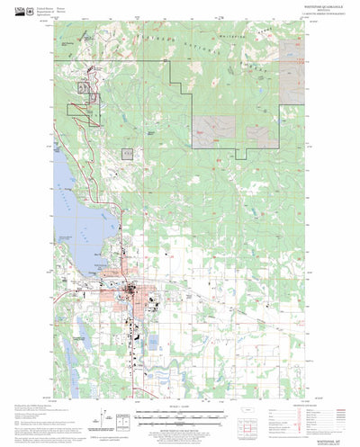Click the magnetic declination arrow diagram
95,416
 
